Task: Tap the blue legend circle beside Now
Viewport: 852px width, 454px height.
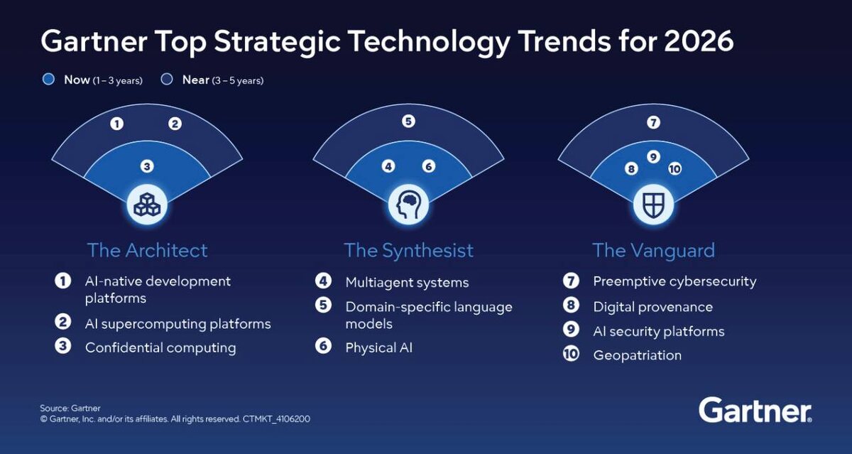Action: click(x=48, y=79)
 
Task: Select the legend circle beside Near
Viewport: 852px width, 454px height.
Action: click(x=167, y=79)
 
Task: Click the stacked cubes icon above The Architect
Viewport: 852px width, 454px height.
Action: click(x=147, y=205)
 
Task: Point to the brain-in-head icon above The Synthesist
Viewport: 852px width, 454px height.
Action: click(x=408, y=205)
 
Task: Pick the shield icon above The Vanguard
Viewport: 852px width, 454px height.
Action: click(x=653, y=205)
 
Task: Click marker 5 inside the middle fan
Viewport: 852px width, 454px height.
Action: click(x=408, y=121)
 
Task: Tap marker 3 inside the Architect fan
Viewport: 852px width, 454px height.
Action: click(x=147, y=166)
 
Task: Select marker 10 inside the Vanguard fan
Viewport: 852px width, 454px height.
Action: click(x=675, y=168)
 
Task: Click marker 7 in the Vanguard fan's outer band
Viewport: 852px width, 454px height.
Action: click(x=653, y=122)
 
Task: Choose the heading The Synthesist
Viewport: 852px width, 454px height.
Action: click(x=408, y=250)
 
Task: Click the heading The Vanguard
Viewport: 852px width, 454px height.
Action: click(x=653, y=251)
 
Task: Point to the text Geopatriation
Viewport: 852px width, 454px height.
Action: click(x=637, y=355)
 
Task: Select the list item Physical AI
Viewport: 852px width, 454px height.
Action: click(x=379, y=348)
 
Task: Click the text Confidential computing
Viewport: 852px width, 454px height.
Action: click(x=160, y=348)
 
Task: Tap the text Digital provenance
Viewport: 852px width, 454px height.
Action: click(x=652, y=307)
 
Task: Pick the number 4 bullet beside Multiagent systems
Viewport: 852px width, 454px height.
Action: click(x=323, y=281)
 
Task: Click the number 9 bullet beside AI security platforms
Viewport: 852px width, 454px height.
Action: click(x=571, y=330)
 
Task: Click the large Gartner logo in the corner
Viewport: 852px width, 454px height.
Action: click(x=755, y=410)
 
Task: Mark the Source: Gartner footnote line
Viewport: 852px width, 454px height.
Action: click(x=70, y=409)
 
